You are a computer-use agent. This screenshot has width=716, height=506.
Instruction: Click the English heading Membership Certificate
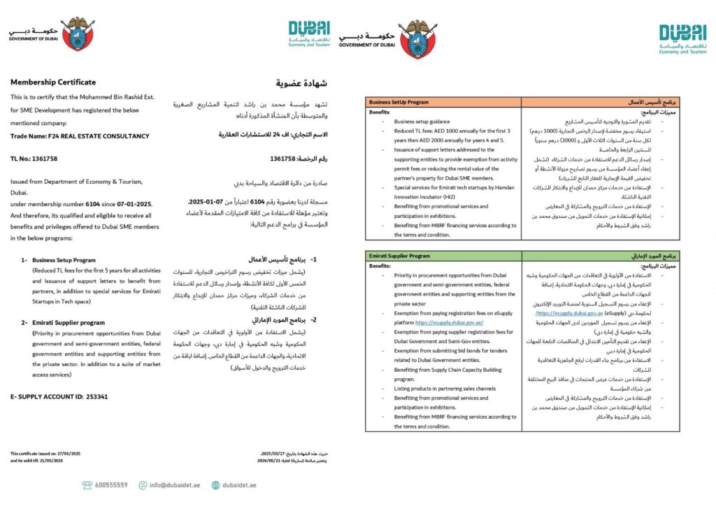click(x=53, y=82)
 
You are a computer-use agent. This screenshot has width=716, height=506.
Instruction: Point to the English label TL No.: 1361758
click(x=34, y=159)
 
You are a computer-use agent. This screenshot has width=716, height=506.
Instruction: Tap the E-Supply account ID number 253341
click(x=98, y=396)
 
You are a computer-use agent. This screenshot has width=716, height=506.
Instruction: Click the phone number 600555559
click(x=111, y=484)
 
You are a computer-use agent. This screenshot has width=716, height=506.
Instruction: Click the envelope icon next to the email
click(x=142, y=484)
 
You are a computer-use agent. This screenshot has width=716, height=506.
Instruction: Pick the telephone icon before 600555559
click(x=87, y=484)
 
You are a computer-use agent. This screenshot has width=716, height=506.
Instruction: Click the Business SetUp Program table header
click(x=399, y=101)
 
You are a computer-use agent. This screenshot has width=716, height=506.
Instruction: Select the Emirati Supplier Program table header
click(x=400, y=256)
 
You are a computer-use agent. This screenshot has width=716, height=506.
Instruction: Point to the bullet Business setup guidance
click(x=422, y=121)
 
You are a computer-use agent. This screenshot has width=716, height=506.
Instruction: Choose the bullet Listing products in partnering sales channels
click(x=445, y=388)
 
